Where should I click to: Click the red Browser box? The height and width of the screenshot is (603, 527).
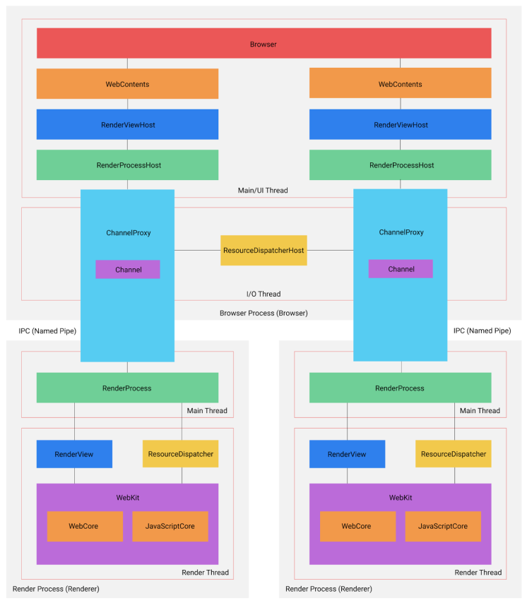click(263, 44)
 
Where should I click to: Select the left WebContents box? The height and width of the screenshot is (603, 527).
click(127, 84)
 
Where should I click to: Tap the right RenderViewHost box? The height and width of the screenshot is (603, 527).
click(401, 125)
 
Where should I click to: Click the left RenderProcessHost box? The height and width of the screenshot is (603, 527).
click(127, 165)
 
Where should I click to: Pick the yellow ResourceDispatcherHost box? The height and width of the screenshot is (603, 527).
click(263, 251)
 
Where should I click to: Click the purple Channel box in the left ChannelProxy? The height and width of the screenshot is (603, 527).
click(128, 270)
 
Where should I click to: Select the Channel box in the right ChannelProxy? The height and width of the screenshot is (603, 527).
click(401, 270)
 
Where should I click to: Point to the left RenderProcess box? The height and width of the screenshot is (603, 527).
click(127, 388)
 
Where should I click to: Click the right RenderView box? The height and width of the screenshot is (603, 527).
click(347, 454)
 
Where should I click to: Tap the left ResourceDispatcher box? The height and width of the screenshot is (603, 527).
click(180, 454)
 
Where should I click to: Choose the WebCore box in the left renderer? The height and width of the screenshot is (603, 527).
click(85, 526)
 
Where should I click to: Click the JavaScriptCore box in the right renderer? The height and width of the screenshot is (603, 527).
click(443, 526)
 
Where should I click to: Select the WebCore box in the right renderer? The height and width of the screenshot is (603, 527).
click(357, 526)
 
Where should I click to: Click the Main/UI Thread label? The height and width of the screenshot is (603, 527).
click(263, 190)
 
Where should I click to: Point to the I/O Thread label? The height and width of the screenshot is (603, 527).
click(263, 294)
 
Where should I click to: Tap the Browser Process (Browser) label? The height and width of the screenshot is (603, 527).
click(263, 312)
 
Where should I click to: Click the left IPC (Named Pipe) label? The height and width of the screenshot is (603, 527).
click(47, 330)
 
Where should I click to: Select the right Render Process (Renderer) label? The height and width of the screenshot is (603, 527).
click(328, 588)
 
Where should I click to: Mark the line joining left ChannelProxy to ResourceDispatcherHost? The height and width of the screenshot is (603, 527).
click(197, 250)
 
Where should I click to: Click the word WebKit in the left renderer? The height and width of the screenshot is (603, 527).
click(127, 498)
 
